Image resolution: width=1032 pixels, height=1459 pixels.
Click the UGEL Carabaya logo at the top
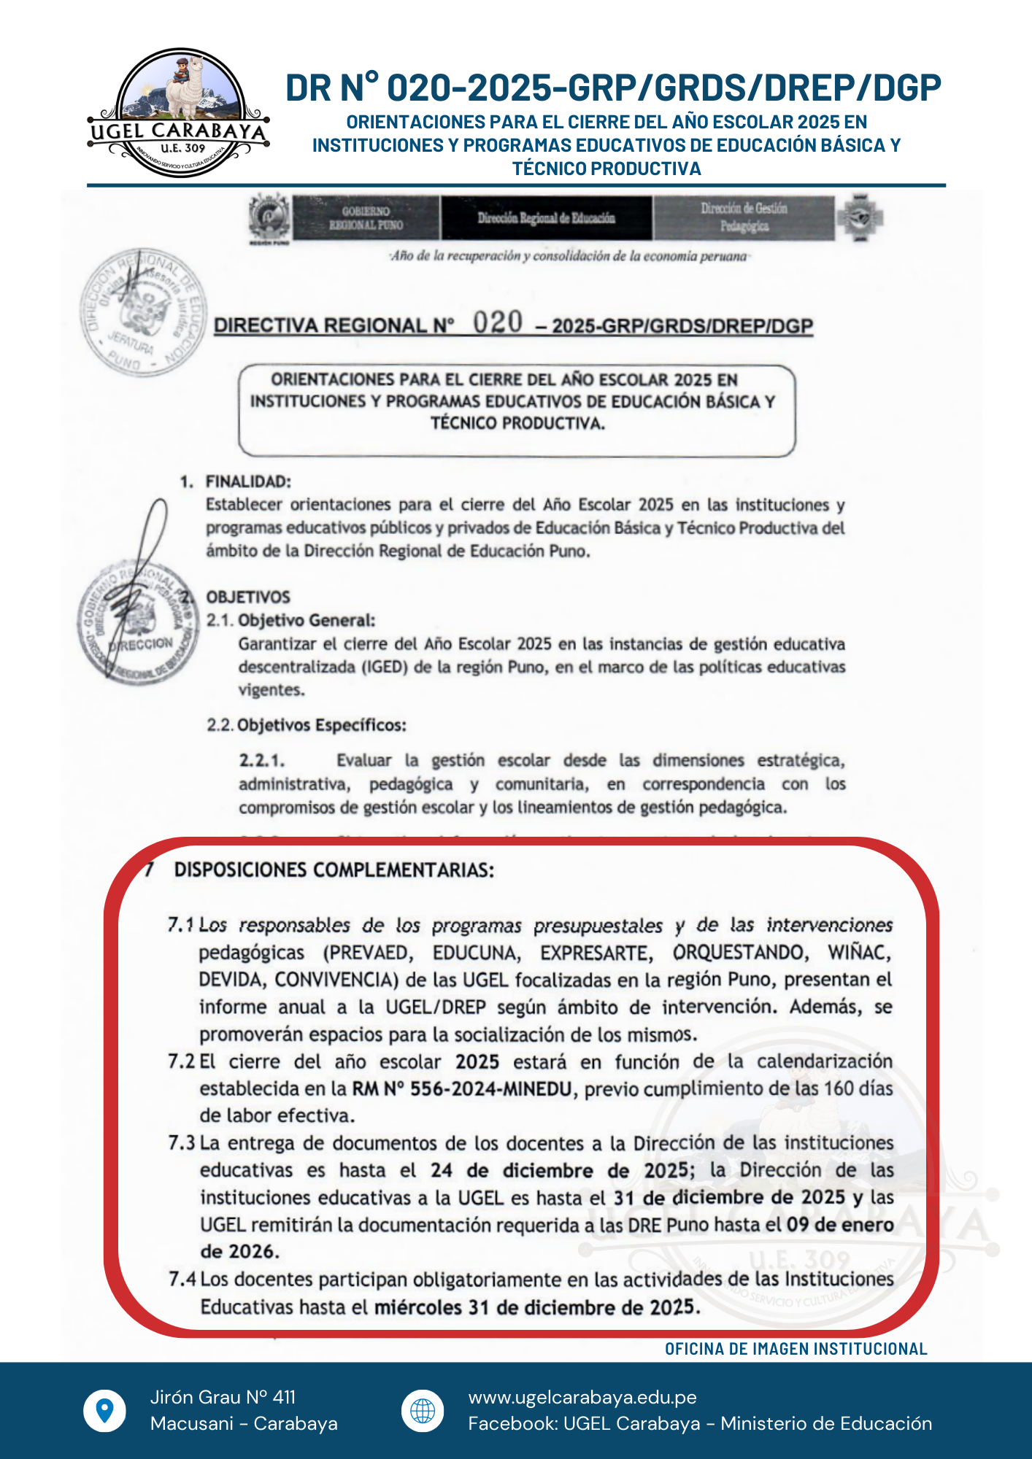coord(179,113)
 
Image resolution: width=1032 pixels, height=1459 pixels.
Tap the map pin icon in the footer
coord(105,1410)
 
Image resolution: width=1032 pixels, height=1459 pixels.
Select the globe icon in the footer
coord(423,1410)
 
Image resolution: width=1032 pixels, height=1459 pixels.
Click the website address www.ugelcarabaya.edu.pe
coord(582,1397)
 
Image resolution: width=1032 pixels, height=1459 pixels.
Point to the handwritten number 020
coord(498,322)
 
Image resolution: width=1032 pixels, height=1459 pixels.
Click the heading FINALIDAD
coord(248,481)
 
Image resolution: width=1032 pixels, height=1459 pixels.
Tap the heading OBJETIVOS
coord(248,597)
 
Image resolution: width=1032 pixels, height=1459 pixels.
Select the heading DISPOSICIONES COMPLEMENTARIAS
coord(334,870)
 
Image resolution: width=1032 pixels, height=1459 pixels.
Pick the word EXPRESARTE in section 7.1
coord(596,953)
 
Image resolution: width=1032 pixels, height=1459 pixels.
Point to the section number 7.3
coord(182,1142)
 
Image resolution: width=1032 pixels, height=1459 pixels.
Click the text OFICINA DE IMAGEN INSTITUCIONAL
coord(796,1349)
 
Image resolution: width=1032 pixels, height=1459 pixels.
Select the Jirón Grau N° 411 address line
coord(223,1397)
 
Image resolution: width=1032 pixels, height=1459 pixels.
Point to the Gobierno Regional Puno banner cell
coord(366,218)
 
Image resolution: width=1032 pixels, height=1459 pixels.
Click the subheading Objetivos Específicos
coord(321,725)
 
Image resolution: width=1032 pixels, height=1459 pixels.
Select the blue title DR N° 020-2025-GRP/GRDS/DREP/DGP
coord(613,88)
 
